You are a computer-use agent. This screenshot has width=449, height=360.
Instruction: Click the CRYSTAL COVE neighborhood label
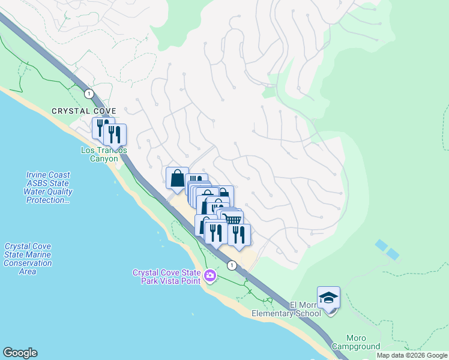[83, 111]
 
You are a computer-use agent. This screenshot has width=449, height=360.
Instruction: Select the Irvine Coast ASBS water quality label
[49, 187]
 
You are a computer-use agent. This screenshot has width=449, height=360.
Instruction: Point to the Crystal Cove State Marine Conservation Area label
[28, 259]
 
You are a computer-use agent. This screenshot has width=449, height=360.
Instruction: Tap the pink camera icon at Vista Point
[210, 276]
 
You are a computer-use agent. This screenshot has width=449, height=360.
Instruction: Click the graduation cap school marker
[328, 298]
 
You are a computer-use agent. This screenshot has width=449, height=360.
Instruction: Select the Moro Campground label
[363, 342]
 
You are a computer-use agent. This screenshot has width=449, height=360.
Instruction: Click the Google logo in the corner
[20, 353]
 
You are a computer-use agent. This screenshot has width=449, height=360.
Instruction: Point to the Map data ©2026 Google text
[412, 355]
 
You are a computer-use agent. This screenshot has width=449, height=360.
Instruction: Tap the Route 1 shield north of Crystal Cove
[89, 94]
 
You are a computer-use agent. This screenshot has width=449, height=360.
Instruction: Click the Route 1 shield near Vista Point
[231, 265]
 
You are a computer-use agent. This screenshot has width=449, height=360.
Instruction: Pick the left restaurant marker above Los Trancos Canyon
[100, 127]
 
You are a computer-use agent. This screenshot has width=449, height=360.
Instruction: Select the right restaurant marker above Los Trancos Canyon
[115, 134]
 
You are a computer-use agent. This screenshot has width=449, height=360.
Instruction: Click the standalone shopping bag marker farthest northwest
[177, 178]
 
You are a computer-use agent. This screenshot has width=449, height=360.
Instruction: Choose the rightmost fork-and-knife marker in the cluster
[239, 234]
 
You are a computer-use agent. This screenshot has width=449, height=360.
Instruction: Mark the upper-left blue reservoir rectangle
[381, 245]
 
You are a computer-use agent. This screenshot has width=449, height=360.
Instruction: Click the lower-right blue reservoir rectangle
[393, 254]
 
